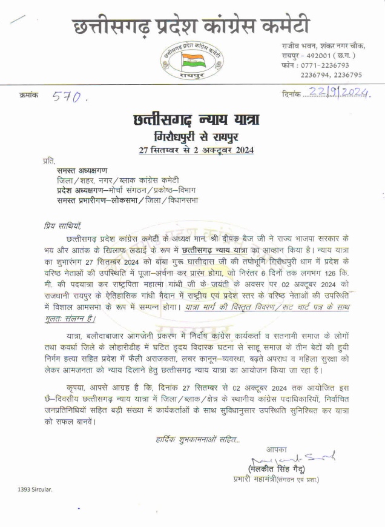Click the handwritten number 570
pyautogui.click(x=70, y=96)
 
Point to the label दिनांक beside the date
pyautogui.click(x=292, y=94)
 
